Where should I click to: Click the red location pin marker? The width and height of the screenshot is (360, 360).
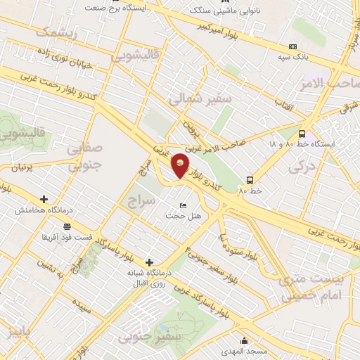click(181, 166)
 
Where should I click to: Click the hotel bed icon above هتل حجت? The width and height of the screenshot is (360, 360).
click(184, 205)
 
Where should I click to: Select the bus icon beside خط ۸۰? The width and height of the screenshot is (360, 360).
click(250, 180)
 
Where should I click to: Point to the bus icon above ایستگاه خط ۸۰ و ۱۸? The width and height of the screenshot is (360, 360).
click(302, 134)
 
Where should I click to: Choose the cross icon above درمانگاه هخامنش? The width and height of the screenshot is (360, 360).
click(44, 200)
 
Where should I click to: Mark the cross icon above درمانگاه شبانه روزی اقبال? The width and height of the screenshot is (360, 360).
click(148, 262)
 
